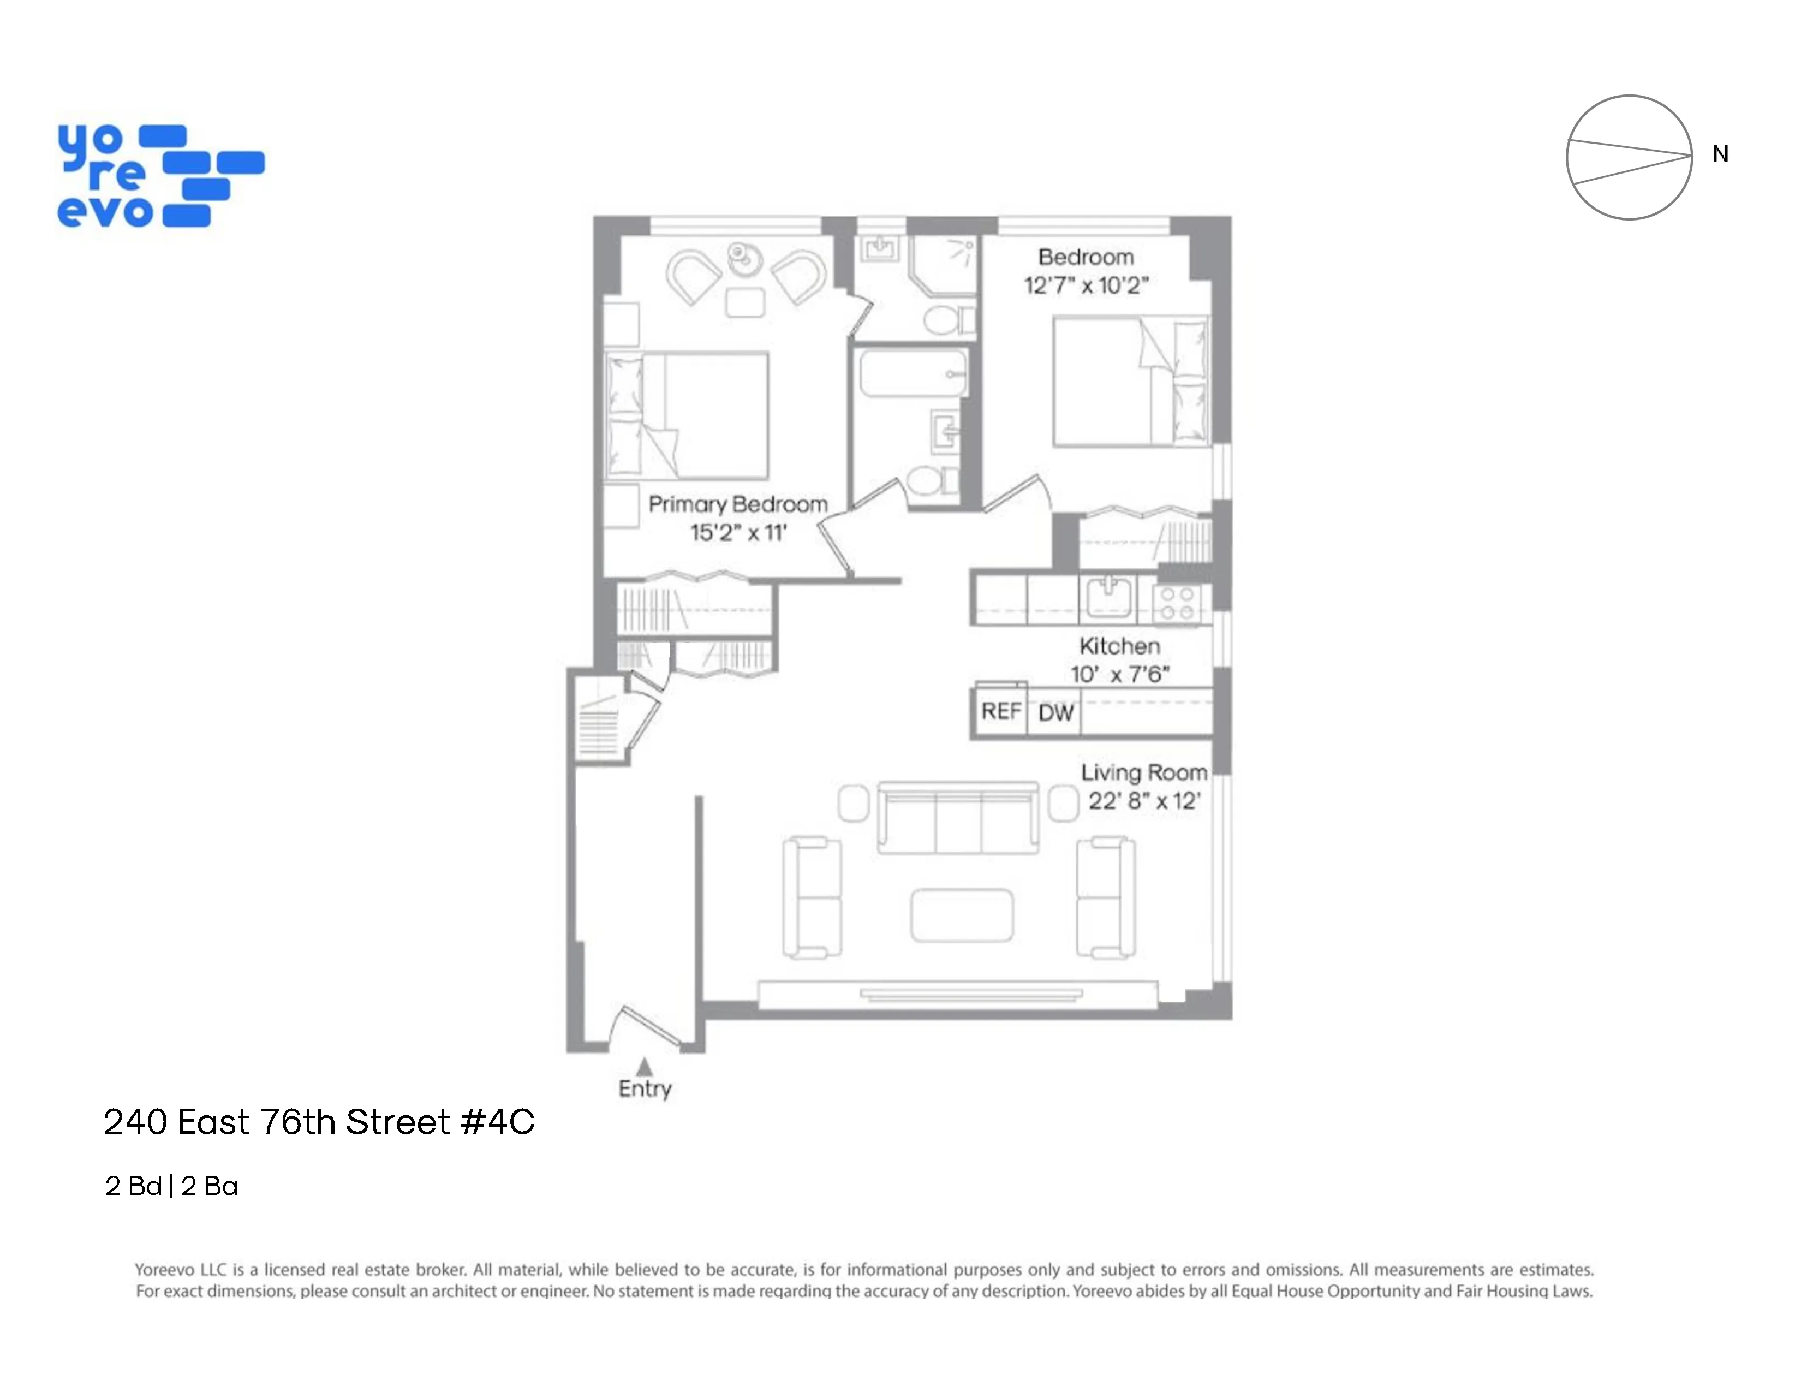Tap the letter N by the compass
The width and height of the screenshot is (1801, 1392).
(x=1720, y=154)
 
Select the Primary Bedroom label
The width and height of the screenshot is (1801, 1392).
(x=737, y=504)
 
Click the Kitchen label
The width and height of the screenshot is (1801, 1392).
(x=1119, y=646)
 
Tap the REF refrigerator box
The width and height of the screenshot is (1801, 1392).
(x=1000, y=711)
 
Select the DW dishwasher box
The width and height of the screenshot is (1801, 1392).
(x=1055, y=712)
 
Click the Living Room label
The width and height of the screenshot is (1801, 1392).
(x=1144, y=772)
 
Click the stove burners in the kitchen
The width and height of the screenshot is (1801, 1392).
(x=1177, y=603)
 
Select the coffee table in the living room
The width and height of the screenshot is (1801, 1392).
(x=962, y=914)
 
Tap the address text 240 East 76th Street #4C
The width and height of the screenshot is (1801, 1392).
(x=319, y=1122)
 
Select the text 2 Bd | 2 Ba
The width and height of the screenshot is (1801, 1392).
(x=171, y=1186)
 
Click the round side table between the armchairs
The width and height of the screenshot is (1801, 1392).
(x=747, y=258)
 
